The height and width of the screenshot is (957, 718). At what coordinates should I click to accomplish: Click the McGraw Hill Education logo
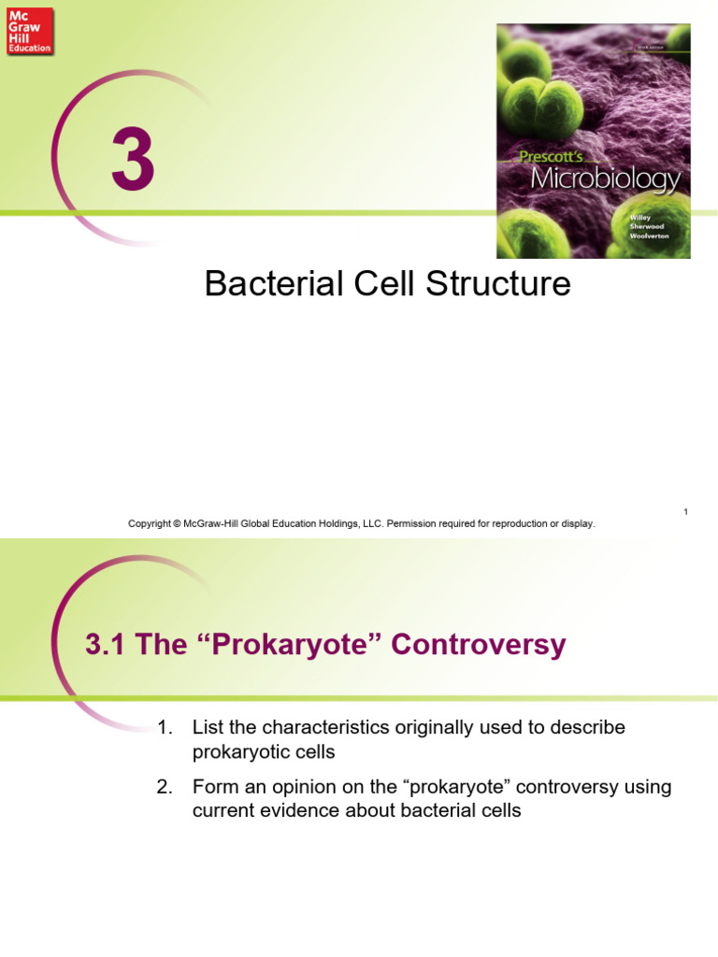pos(30,31)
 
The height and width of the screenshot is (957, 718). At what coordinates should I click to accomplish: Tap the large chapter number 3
pos(133,161)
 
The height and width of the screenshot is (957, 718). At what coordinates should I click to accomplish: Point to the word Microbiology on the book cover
pos(605,178)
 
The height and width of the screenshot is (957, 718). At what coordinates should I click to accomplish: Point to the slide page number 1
pos(685,511)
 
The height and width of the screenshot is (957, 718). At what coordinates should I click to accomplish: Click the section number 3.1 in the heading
pos(105,645)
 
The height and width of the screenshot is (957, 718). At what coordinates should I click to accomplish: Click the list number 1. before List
pos(166,727)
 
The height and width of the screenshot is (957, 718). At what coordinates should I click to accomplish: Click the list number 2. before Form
pos(166,787)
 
